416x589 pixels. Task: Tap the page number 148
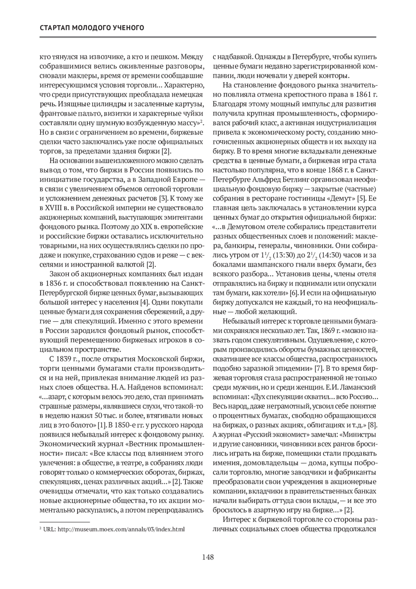208,557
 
